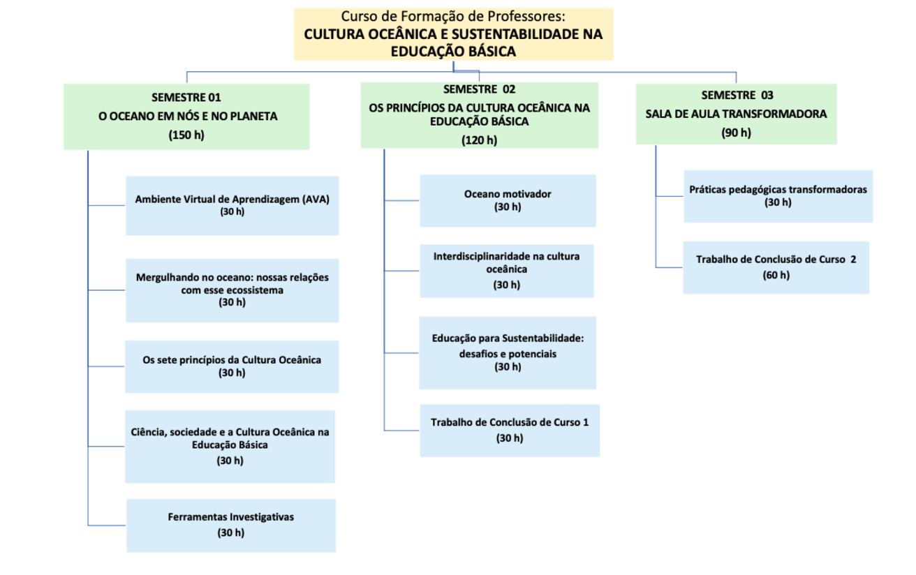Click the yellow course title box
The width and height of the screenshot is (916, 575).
tap(454, 34)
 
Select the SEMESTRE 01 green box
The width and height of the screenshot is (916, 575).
tap(186, 117)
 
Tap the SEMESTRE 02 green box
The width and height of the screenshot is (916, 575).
tap(479, 115)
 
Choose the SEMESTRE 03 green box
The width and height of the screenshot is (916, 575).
tap(736, 114)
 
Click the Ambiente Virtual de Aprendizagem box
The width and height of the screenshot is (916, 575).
tap(232, 206)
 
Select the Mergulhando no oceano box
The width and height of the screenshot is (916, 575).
tap(232, 290)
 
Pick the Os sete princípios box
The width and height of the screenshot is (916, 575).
tap(232, 366)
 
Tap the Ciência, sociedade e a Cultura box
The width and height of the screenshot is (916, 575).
tap(230, 447)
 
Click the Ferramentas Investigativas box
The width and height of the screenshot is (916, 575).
tap(231, 525)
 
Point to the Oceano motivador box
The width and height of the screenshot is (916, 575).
tap(508, 201)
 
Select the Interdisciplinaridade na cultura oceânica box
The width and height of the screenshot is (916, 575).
tap(507, 271)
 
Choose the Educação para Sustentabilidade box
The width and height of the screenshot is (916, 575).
tap(508, 352)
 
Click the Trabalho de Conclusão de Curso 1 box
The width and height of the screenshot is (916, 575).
tap(510, 431)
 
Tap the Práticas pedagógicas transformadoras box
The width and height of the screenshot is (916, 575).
tap(778, 196)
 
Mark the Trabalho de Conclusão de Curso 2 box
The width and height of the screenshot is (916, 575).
tap(776, 268)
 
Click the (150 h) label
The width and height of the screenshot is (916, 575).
tap(186, 135)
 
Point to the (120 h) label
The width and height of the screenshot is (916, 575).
tap(479, 140)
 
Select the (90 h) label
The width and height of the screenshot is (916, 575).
tap(736, 133)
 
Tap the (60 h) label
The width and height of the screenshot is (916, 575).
tap(776, 275)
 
